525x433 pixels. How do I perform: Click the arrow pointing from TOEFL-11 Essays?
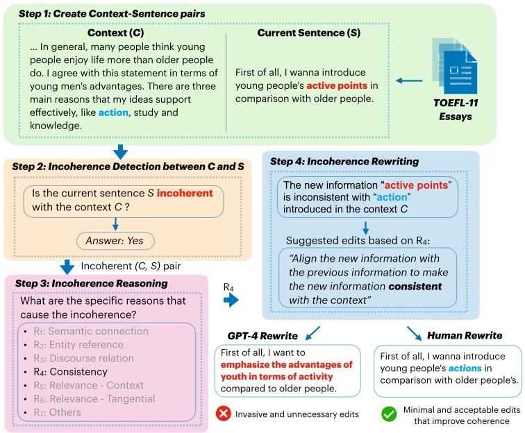[x=410, y=81]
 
